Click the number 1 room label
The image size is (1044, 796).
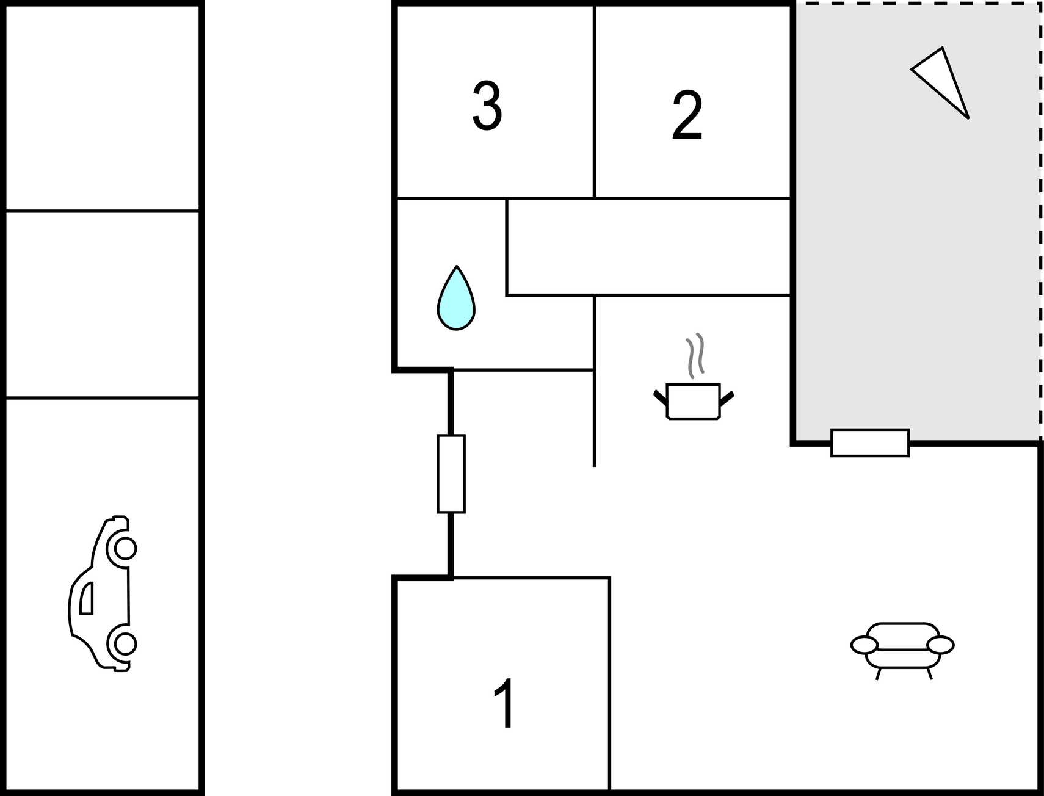(504, 703)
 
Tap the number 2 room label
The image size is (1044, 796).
(687, 115)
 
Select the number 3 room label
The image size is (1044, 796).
(487, 106)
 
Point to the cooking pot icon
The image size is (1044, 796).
(694, 401)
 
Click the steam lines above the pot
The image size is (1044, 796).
(695, 355)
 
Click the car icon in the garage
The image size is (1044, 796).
(102, 593)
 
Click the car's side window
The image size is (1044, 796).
(87, 598)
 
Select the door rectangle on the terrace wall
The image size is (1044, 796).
(870, 443)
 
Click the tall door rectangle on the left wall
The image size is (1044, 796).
(451, 474)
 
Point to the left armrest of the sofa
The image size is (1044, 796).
(864, 645)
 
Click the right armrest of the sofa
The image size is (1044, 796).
(940, 645)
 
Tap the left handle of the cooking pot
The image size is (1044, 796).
(659, 397)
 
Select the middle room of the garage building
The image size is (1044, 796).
(103, 305)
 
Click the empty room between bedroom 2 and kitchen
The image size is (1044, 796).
(648, 247)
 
